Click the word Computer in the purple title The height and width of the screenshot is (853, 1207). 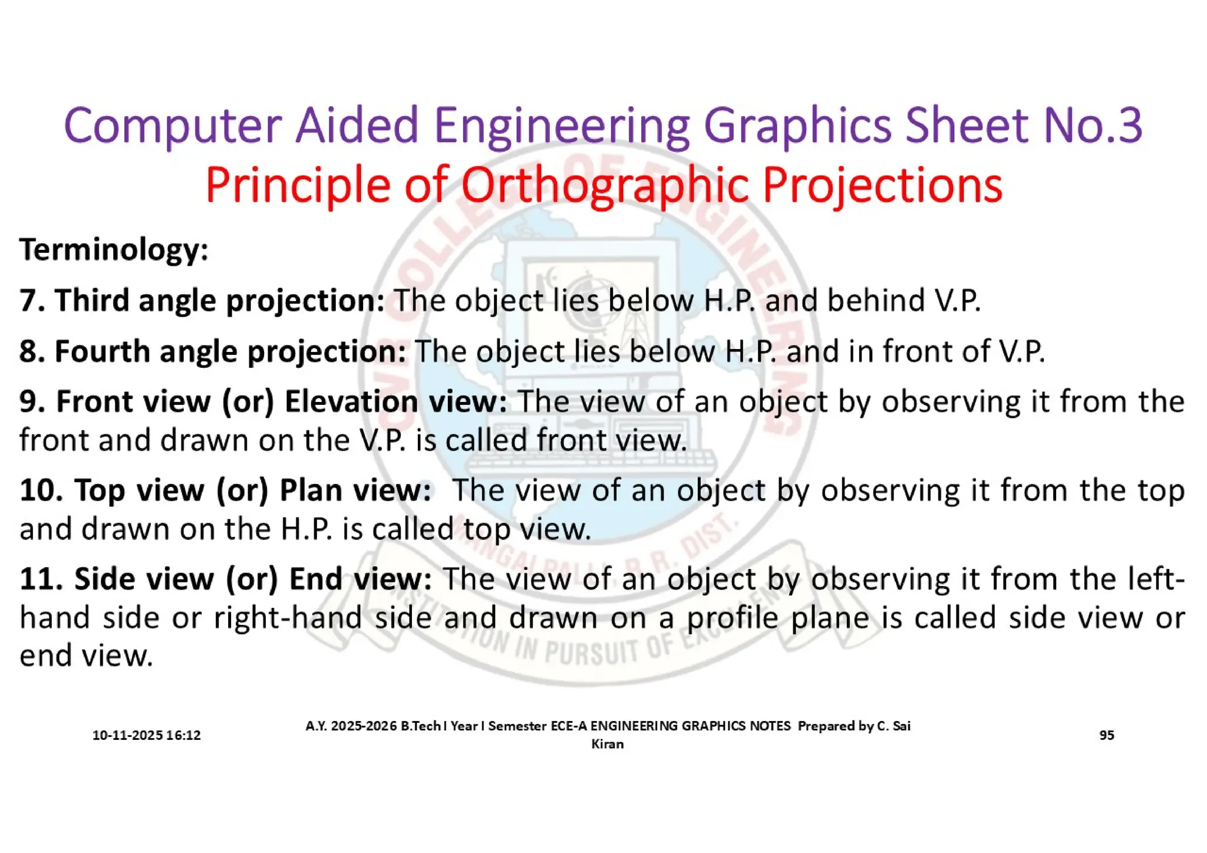click(172, 126)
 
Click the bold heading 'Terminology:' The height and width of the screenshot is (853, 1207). click(114, 250)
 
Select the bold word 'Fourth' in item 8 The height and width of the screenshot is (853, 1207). click(102, 351)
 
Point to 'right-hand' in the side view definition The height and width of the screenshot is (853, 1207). click(288, 618)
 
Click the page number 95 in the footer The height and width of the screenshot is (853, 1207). click(1106, 735)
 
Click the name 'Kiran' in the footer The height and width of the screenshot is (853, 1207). click(607, 744)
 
